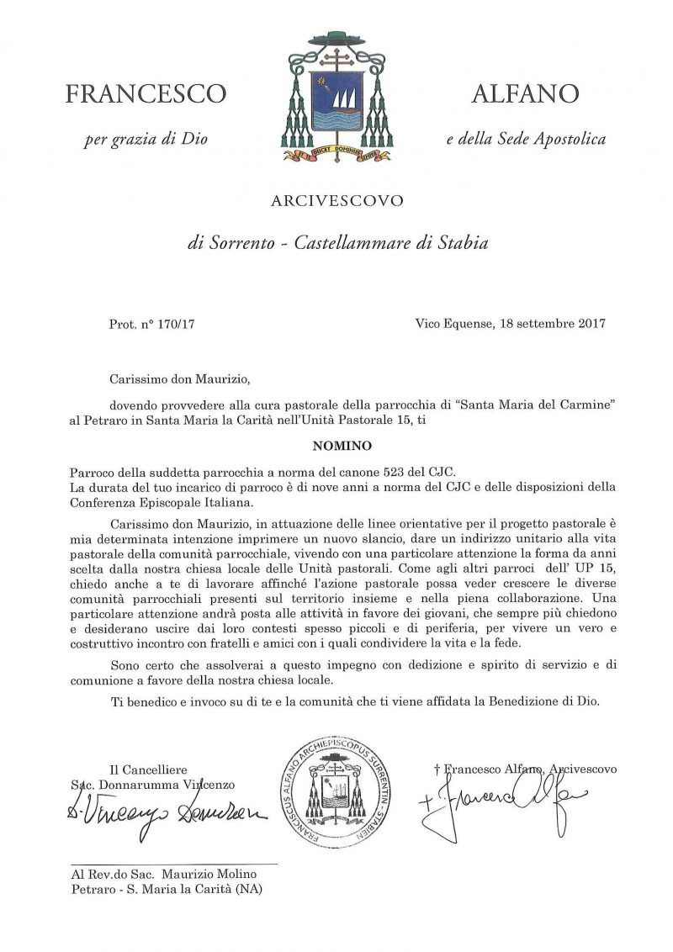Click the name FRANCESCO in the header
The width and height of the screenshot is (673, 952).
pyautogui.click(x=146, y=94)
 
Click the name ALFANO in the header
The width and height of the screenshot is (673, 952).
pyautogui.click(x=525, y=93)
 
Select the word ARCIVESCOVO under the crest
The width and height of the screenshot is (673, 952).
pyautogui.click(x=336, y=201)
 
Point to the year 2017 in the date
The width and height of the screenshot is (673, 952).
pyautogui.click(x=590, y=323)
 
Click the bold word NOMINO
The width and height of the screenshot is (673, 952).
pyautogui.click(x=336, y=445)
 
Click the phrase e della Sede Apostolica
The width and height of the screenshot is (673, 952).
pyautogui.click(x=525, y=139)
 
